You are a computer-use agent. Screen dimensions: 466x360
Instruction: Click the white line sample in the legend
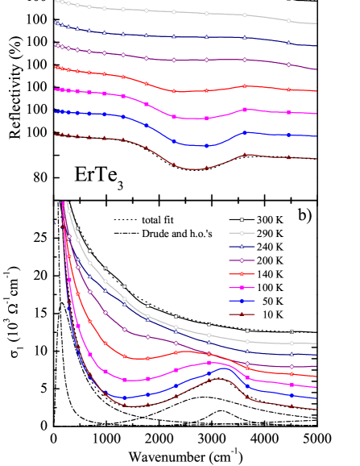click(x=242, y=233)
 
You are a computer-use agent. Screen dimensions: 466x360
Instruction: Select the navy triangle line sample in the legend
click(x=242, y=247)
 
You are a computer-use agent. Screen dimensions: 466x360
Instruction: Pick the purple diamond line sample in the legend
click(x=242, y=260)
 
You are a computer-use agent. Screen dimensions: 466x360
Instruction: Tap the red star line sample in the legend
click(x=242, y=274)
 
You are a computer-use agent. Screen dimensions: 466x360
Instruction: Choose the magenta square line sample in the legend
click(x=242, y=287)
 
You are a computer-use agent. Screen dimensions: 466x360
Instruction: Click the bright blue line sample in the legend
click(x=242, y=301)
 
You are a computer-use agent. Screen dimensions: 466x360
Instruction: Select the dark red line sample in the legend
click(x=242, y=314)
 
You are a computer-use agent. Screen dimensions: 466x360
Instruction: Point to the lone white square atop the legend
click(x=242, y=219)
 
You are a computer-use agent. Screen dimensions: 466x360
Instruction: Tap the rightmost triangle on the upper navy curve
click(x=288, y=42)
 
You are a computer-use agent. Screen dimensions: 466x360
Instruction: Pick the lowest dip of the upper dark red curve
click(x=193, y=169)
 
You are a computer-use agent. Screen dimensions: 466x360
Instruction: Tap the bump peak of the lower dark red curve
click(x=216, y=380)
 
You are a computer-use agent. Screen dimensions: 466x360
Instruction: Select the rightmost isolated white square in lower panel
click(x=292, y=331)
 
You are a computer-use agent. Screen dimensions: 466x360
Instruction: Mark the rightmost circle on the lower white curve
click(x=292, y=343)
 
